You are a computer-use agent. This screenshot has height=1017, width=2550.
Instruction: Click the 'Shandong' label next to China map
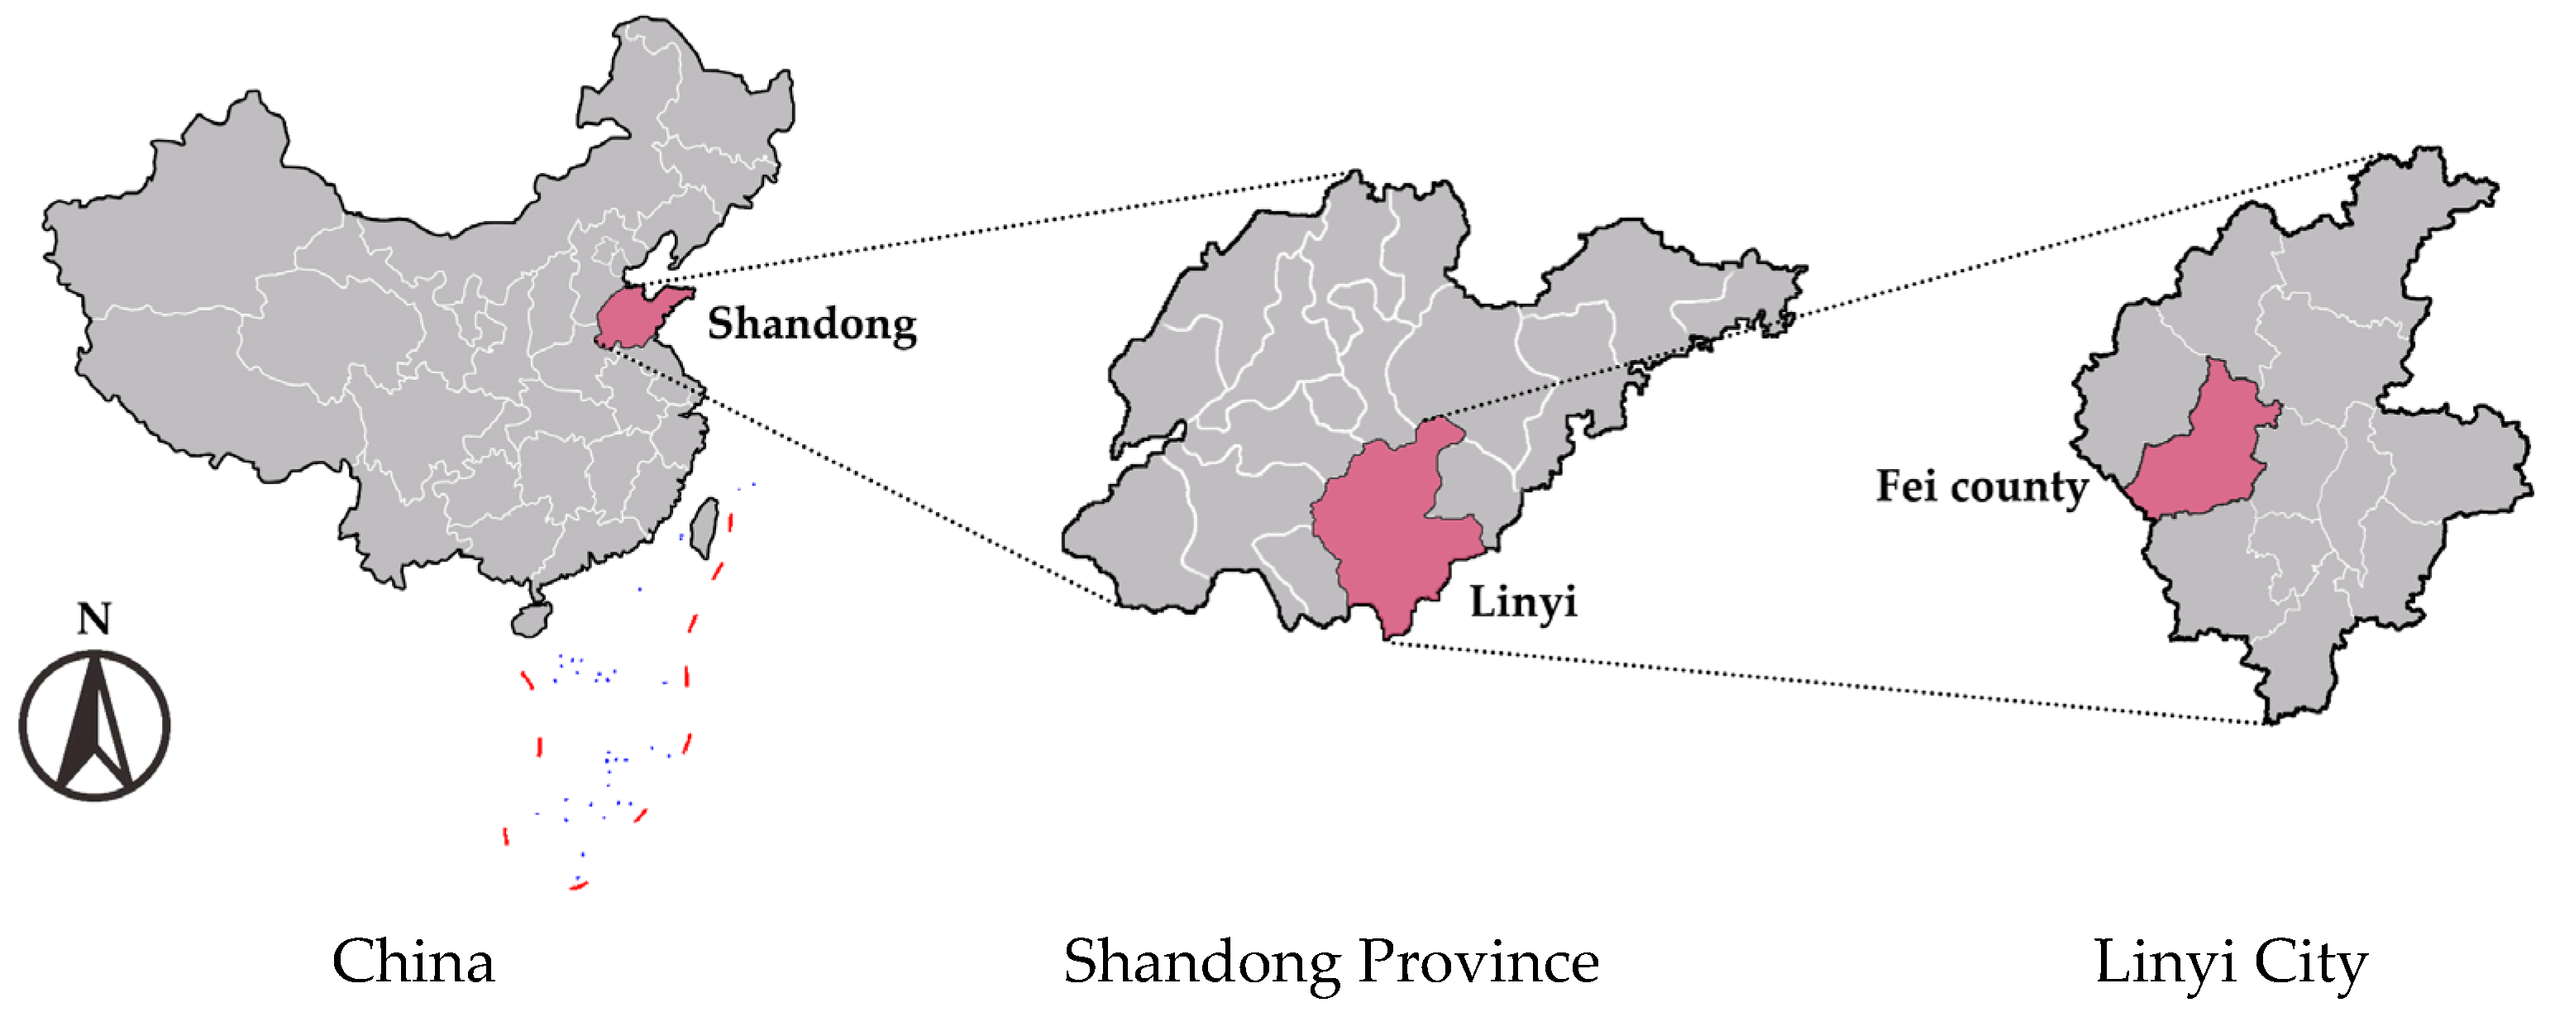pos(812,324)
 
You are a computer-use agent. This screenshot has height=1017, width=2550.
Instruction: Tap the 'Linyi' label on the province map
pos(1521,601)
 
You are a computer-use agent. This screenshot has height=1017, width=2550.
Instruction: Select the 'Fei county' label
pos(1982,487)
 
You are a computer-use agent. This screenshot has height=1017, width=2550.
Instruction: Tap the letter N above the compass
pos(94,619)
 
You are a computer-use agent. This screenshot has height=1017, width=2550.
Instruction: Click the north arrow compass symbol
pos(94,725)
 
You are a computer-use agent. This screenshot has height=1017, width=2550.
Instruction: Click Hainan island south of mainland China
pos(531,620)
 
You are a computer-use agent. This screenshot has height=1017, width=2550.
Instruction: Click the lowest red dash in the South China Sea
pos(579,885)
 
